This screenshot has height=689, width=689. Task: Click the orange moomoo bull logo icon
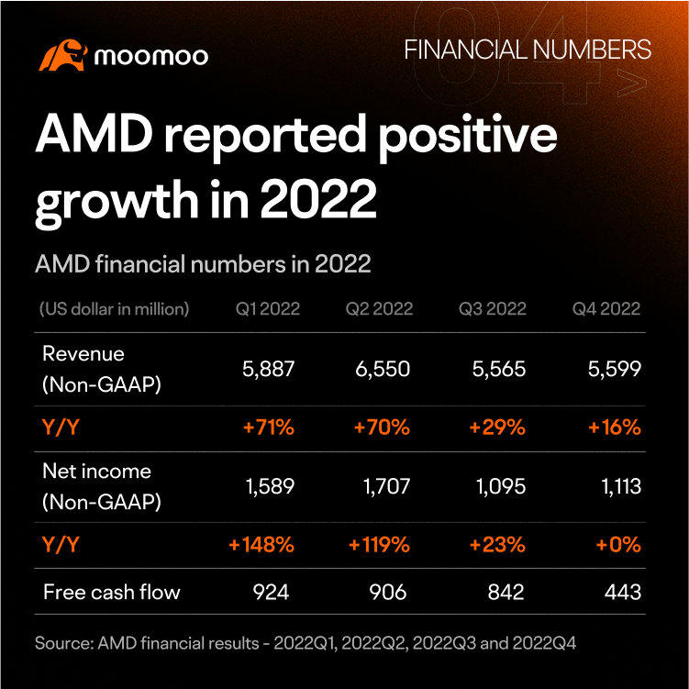point(62,55)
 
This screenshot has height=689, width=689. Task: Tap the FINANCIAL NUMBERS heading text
point(528,50)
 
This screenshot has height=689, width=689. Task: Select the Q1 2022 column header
point(268,309)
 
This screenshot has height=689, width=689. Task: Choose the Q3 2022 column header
point(492,309)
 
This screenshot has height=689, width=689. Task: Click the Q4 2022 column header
point(606,309)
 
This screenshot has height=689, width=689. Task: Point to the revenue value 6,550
point(383,369)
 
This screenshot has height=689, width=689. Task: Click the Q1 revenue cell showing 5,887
point(268,369)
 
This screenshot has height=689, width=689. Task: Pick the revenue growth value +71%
point(269,428)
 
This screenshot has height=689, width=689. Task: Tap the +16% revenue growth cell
point(615,428)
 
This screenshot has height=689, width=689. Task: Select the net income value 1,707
point(386,486)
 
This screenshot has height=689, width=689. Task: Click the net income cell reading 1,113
point(621,486)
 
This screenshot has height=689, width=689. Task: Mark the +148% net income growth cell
point(261,545)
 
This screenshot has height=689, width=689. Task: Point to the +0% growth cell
point(618,545)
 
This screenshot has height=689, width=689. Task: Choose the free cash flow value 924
point(271,592)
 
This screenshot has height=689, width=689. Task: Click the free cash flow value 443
point(623,592)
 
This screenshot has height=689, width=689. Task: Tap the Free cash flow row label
point(112,592)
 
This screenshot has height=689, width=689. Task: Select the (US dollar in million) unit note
point(115,309)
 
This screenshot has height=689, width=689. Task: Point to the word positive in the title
point(468,136)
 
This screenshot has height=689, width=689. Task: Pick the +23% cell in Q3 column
point(497,545)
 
